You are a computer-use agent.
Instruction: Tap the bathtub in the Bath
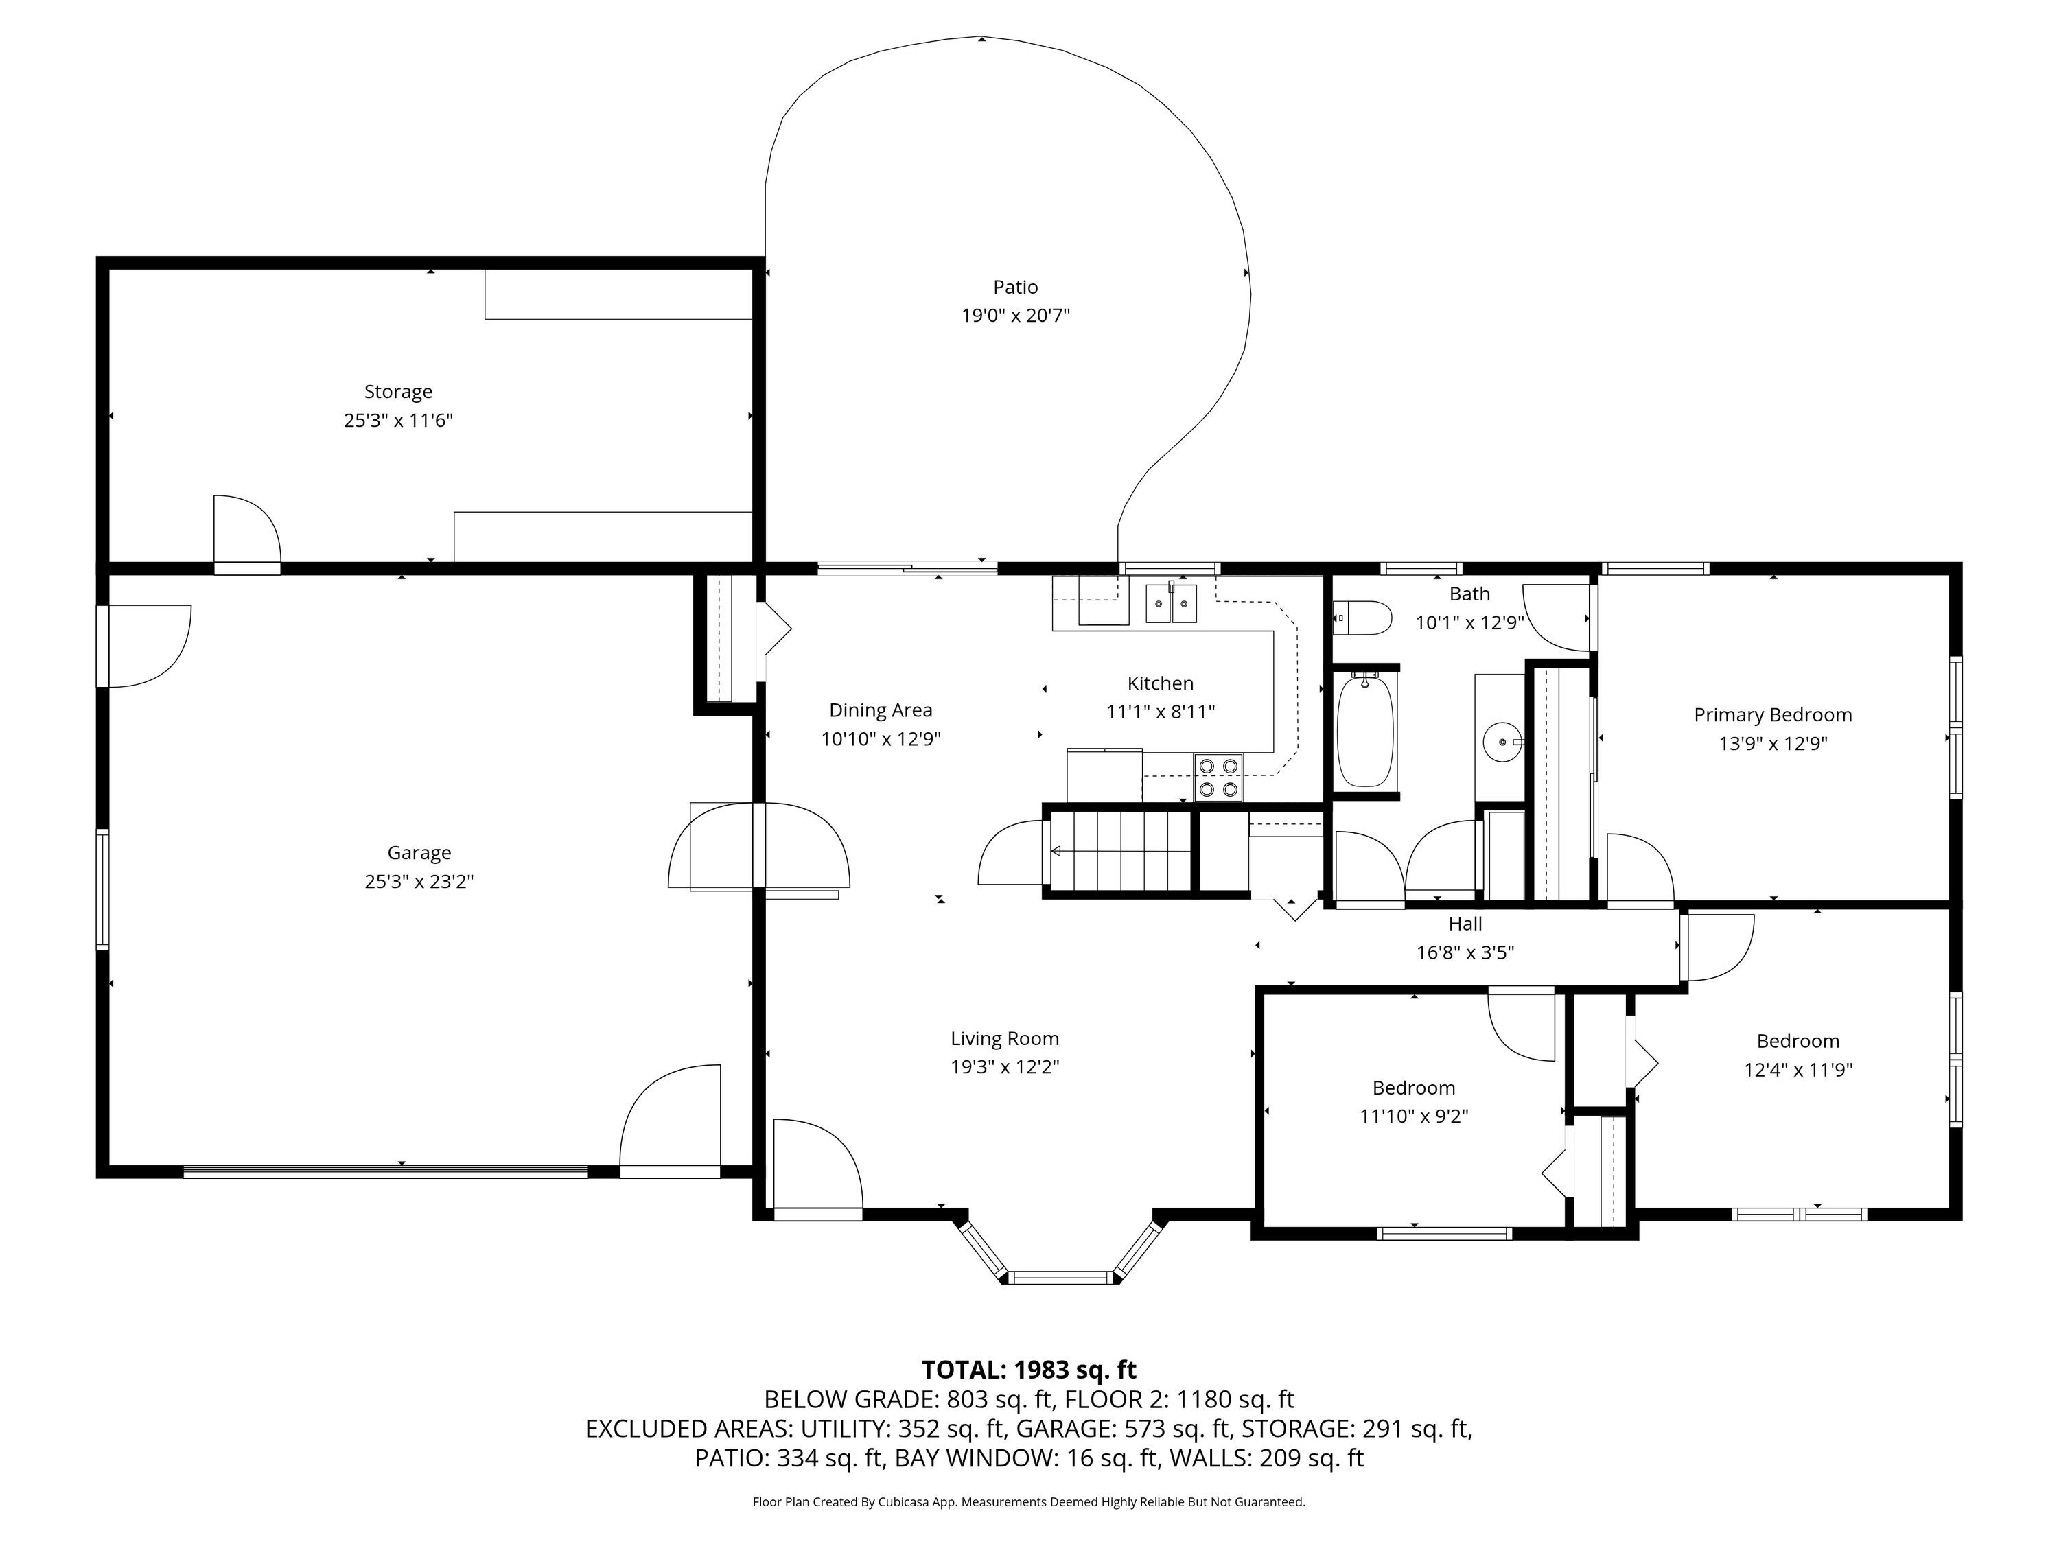click(1366, 732)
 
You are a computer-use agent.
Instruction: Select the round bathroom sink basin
click(1502, 742)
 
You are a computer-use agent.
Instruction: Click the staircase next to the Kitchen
click(1121, 851)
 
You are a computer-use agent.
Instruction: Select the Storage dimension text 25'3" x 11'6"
click(398, 421)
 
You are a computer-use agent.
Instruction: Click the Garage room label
click(420, 852)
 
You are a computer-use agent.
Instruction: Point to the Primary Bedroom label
click(1772, 715)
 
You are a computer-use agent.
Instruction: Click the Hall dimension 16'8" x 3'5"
click(1465, 952)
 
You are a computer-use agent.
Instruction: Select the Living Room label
click(1004, 1039)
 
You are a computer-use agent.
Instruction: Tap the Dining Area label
click(881, 711)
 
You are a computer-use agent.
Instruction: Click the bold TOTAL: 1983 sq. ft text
click(1029, 1370)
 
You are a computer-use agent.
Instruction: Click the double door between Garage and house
click(758, 846)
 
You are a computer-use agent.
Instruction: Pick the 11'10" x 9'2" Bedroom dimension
click(1413, 1116)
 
